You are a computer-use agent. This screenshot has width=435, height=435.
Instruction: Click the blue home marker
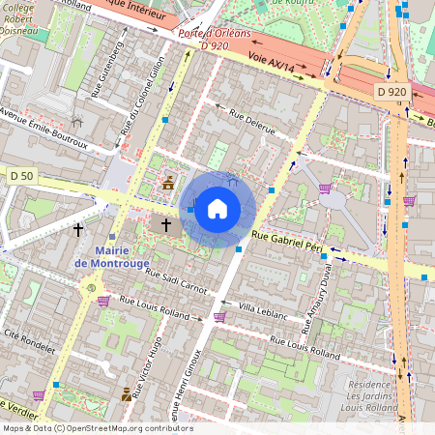click(217, 209)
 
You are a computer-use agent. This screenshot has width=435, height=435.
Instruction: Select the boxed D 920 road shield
click(392, 92)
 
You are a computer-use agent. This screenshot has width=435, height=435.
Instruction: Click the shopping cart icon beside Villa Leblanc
click(219, 316)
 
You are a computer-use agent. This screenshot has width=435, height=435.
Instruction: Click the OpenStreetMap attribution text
click(97, 428)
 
